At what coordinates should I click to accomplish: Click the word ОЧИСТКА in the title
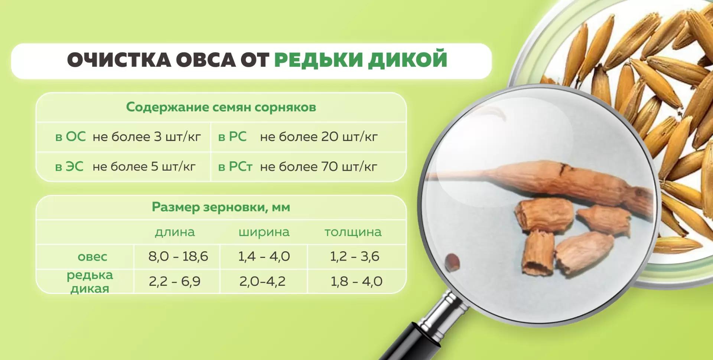click(119, 60)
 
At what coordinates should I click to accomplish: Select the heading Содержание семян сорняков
click(221, 107)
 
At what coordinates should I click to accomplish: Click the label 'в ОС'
click(70, 137)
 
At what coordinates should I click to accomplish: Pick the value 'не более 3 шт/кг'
click(147, 137)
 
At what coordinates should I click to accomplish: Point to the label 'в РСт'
click(235, 167)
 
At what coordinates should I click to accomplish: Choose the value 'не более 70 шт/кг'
click(319, 167)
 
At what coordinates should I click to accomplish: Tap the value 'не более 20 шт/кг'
click(319, 137)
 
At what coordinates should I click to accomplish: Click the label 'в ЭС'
click(69, 167)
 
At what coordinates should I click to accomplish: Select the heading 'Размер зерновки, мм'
click(221, 207)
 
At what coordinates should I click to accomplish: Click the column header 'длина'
click(175, 232)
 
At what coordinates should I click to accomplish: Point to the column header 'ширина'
click(264, 232)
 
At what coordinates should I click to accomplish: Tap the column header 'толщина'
click(353, 232)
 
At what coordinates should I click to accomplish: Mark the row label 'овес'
click(92, 256)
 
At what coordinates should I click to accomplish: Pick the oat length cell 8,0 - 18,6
click(178, 256)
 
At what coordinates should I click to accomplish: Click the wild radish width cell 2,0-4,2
click(263, 281)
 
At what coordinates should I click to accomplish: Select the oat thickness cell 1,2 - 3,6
click(355, 256)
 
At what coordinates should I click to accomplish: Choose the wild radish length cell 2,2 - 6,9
click(175, 281)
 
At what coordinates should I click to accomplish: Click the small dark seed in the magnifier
click(452, 261)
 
